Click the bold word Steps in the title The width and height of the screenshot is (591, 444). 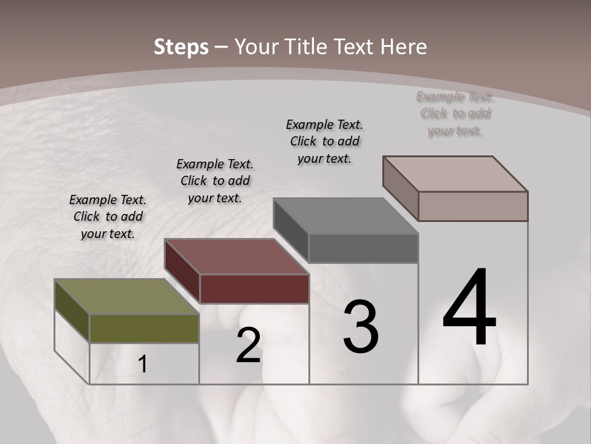point(181,47)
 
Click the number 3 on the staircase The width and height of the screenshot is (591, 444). point(361,327)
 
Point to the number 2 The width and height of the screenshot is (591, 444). point(248,346)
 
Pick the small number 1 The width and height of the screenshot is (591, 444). point(143,364)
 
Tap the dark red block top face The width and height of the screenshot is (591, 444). point(236,257)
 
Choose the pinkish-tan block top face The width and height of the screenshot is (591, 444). point(456,173)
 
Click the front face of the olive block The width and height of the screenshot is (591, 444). point(144,329)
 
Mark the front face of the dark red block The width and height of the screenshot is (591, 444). point(254,289)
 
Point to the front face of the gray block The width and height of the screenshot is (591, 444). point(363,249)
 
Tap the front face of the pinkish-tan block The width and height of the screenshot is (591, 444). point(473,206)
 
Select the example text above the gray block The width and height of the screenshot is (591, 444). point(324,141)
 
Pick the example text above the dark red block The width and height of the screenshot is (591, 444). point(215,181)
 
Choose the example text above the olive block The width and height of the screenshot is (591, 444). point(108,216)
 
